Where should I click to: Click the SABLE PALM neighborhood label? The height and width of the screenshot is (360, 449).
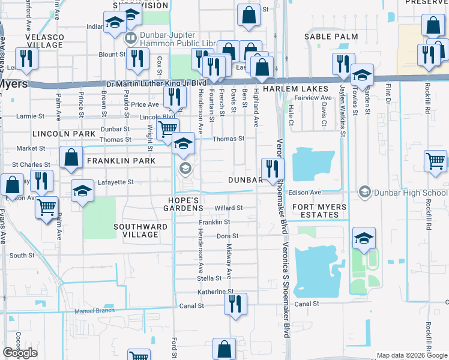tap(331, 37)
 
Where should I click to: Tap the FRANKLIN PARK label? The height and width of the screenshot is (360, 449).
tap(121, 161)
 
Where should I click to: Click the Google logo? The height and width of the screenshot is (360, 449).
tap(20, 353)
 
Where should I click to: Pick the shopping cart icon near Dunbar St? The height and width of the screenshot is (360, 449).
tap(167, 128)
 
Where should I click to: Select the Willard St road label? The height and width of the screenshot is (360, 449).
tap(228, 208)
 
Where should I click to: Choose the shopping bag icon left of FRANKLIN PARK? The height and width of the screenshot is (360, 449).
tap(71, 158)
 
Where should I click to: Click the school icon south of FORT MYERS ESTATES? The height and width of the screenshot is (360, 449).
tap(363, 238)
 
